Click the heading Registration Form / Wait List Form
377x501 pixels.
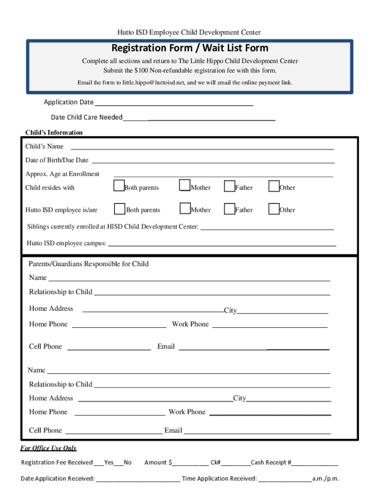click(189, 48)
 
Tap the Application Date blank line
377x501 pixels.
click(174, 104)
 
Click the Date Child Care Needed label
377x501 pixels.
click(87, 117)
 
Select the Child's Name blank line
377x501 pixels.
click(203, 147)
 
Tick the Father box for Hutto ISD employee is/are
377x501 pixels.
click(229, 209)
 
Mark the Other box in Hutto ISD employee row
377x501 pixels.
click(274, 209)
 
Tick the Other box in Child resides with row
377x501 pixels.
click(274, 186)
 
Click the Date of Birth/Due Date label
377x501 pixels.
click(57, 160)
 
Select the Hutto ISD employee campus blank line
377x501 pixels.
click(222, 244)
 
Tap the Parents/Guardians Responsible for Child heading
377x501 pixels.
click(89, 264)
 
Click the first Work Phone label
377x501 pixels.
click(190, 324)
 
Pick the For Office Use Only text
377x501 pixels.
click(48, 448)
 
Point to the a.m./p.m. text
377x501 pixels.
click(326, 479)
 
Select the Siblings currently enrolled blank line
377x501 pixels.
click(267, 228)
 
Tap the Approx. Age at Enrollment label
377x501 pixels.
click(62, 174)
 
